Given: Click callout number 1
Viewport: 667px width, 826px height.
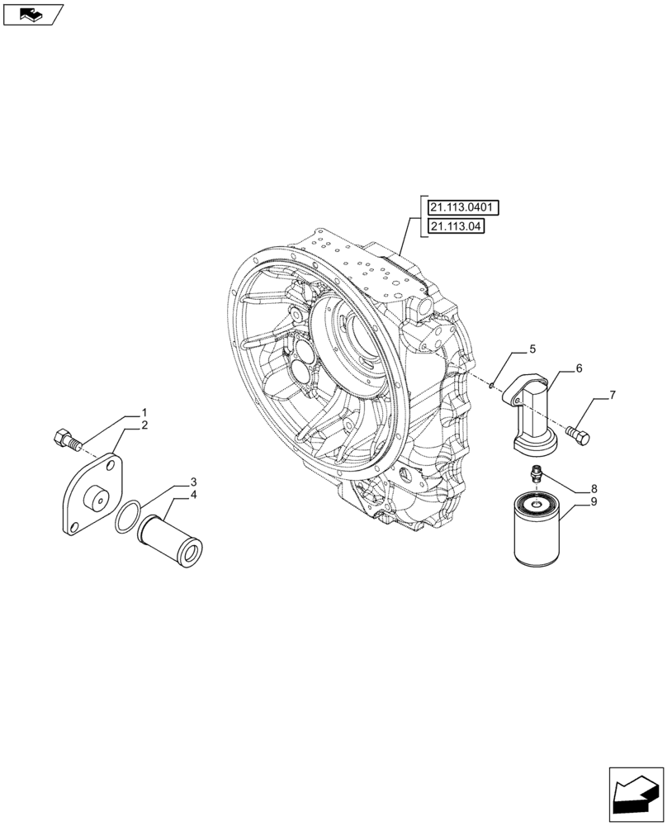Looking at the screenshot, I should [144, 412].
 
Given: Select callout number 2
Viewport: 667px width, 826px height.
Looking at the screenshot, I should [144, 425].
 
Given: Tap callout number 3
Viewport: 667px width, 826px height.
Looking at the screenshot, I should [193, 482].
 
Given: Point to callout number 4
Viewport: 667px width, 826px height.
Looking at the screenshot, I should [193, 495].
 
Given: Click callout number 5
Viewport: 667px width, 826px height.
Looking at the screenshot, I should [532, 349].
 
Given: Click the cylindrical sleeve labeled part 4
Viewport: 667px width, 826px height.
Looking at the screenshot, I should [173, 538].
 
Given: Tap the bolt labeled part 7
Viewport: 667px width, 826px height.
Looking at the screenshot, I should [579, 434].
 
